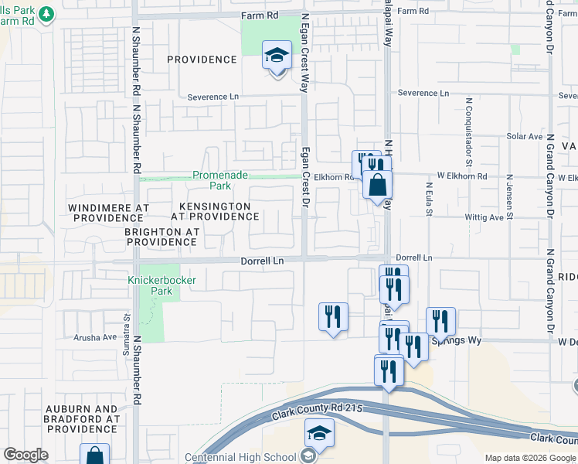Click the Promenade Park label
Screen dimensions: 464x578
pos(220,180)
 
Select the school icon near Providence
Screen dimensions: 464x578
pos(276,56)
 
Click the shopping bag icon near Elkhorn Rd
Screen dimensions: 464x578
pos(378,186)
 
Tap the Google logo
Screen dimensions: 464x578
pos(25,455)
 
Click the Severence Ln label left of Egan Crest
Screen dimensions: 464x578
pos(213,97)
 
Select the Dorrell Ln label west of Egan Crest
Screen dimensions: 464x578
pos(262,261)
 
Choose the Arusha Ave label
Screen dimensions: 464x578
pos(94,337)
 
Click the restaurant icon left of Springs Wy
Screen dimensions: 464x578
pos(333,317)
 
